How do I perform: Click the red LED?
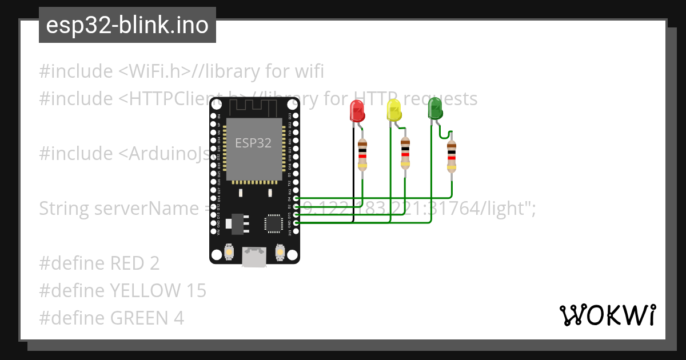357,110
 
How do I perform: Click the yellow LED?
394,110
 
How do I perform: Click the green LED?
435,109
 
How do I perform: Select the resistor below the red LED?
362,154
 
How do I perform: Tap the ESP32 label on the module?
253,143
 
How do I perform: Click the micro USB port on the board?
253,257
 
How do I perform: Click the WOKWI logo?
607,315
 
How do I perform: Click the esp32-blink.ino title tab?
127,25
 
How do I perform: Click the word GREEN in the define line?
137,318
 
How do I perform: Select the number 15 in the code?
196,290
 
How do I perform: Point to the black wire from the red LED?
353,171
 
